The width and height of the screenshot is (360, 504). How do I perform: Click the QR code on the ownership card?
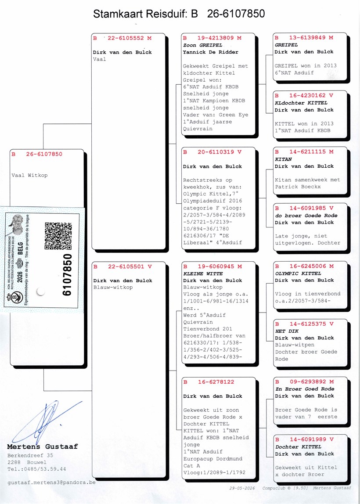coord(58,236)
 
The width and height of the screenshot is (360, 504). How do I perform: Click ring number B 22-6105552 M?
coord(122,38)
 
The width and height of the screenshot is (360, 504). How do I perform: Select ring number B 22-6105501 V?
coord(122,266)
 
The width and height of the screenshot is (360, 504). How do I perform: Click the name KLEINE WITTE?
coord(199,274)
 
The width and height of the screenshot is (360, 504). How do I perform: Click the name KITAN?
coord(283,159)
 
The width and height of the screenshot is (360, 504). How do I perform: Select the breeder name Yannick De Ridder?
coord(211,52)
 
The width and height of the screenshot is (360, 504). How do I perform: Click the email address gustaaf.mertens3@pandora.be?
coord(51,482)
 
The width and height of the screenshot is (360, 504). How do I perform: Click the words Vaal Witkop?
coord(29,175)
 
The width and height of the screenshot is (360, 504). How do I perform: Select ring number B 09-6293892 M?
coord(304,382)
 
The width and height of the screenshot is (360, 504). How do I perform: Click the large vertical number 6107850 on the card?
coord(67,275)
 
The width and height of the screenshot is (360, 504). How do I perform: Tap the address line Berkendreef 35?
coord(30,455)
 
